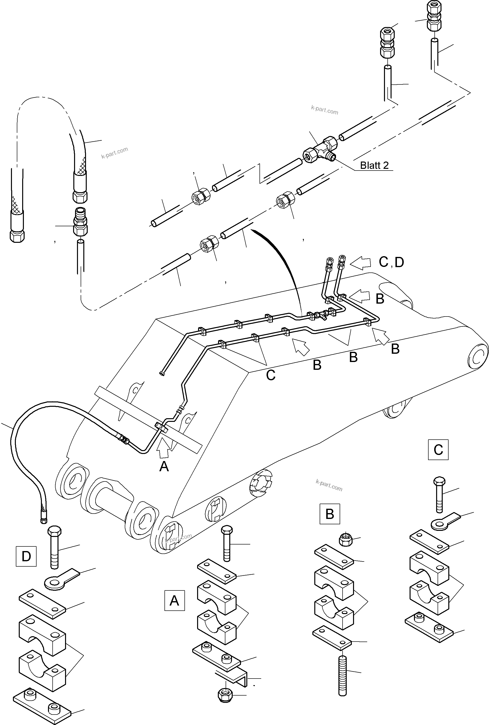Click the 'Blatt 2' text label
374,165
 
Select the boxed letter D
26,556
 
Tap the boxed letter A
174,600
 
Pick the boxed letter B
330,514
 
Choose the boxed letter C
438,450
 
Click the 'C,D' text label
391,262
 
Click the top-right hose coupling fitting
433,16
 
